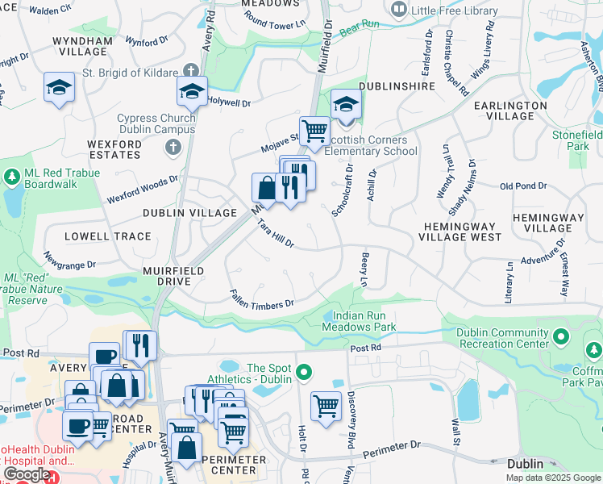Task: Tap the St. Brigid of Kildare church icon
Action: (x=189, y=73)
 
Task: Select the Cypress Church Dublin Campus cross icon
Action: (x=172, y=147)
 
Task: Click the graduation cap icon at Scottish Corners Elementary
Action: (x=346, y=105)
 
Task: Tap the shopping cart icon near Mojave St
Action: (x=314, y=129)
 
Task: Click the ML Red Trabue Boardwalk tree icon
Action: (x=12, y=176)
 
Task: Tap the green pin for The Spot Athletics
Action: (x=303, y=373)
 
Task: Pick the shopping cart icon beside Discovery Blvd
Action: (x=326, y=405)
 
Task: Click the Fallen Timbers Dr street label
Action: (x=261, y=299)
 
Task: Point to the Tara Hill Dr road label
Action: (x=276, y=232)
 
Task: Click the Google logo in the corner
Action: (x=26, y=475)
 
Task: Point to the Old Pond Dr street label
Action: (x=523, y=186)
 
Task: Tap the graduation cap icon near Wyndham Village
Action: (x=59, y=87)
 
